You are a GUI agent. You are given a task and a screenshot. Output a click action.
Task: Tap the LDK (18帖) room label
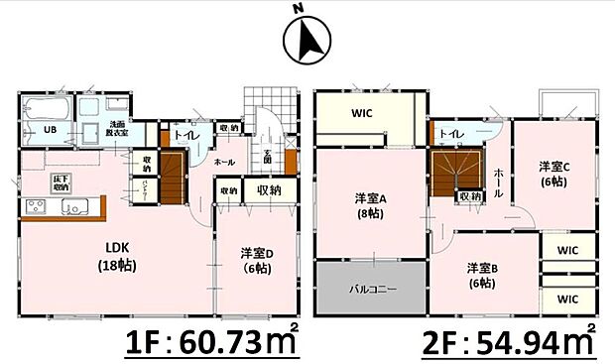coord(116,256)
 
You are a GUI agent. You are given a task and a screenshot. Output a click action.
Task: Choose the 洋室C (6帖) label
coord(553,175)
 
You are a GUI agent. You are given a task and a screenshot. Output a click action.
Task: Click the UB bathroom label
coord(48,129)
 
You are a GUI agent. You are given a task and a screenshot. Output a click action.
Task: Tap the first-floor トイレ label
coord(184,135)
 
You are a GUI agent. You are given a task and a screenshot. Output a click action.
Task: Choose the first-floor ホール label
coord(225,161)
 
